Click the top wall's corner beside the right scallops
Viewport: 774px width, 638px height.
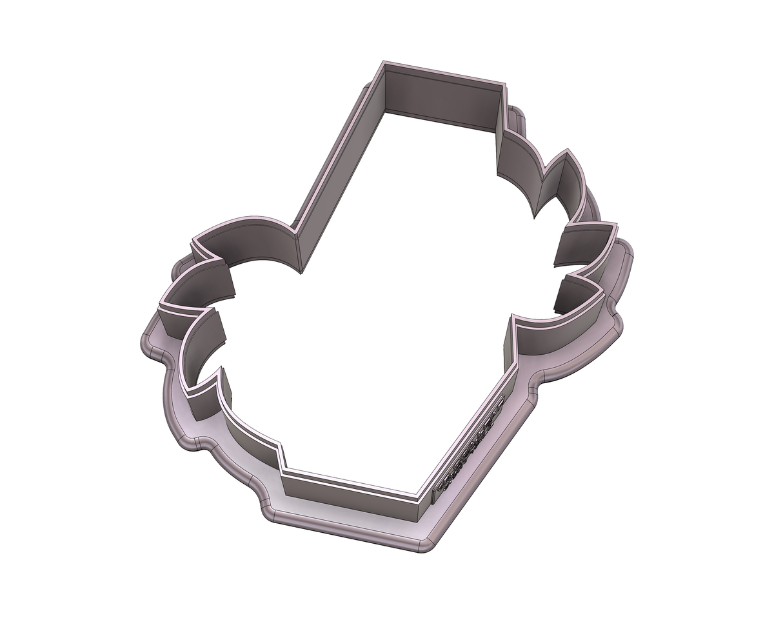(502, 87)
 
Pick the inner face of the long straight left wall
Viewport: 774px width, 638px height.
(335, 174)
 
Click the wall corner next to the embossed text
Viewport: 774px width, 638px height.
(422, 510)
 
